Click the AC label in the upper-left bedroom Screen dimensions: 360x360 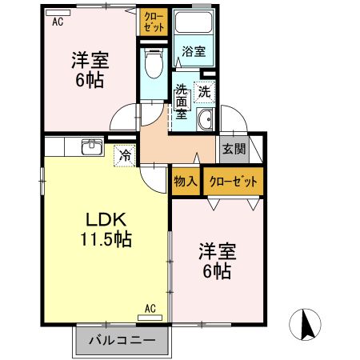tap(58, 22)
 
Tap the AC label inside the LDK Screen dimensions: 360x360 tap(150, 307)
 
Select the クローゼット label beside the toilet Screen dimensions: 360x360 tap(154, 22)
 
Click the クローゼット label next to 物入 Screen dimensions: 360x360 tap(234, 182)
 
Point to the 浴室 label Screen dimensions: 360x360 tap(193, 52)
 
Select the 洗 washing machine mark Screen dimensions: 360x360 tap(205, 92)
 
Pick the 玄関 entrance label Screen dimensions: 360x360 tap(234, 148)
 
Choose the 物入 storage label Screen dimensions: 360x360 tap(186, 182)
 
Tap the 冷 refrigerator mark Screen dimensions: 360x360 tap(125, 155)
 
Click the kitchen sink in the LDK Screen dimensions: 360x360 tap(91, 147)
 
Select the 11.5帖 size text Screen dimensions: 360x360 tap(106, 238)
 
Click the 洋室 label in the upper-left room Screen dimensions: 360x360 tap(90, 59)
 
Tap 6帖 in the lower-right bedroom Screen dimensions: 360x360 tap(215, 272)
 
